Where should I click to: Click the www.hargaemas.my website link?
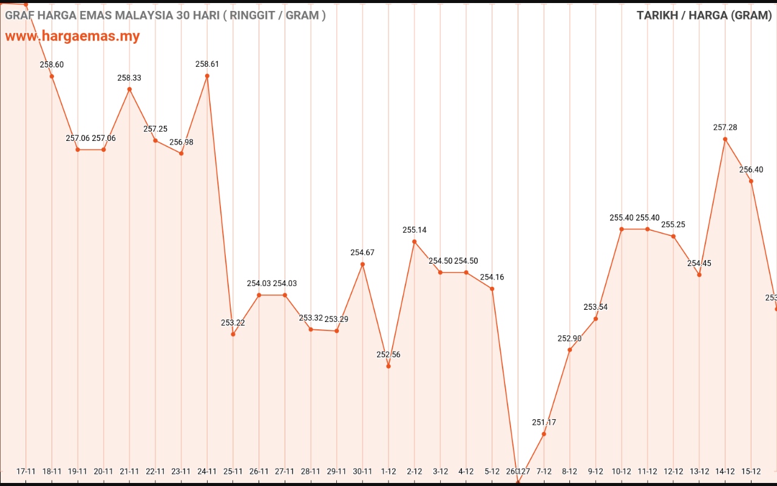click(x=72, y=36)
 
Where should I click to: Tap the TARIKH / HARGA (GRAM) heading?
click(x=704, y=15)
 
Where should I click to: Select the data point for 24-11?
click(x=207, y=76)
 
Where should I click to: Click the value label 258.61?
click(x=207, y=64)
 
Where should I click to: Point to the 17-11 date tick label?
click(x=26, y=471)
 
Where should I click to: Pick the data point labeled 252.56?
click(x=388, y=366)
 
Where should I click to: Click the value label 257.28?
click(x=725, y=128)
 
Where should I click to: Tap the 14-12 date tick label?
click(x=725, y=471)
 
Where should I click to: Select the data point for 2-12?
click(x=415, y=242)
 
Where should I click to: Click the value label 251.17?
click(x=544, y=422)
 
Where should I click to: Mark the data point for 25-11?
click(x=233, y=334)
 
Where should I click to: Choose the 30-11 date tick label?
click(x=362, y=471)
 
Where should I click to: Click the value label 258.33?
click(x=129, y=78)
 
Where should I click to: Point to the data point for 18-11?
click(x=52, y=76)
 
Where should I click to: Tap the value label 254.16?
click(x=492, y=277)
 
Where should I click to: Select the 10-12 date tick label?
click(x=622, y=471)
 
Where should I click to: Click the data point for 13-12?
click(x=699, y=275)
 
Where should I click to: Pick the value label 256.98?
click(x=181, y=142)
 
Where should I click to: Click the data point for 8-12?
click(x=569, y=349)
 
